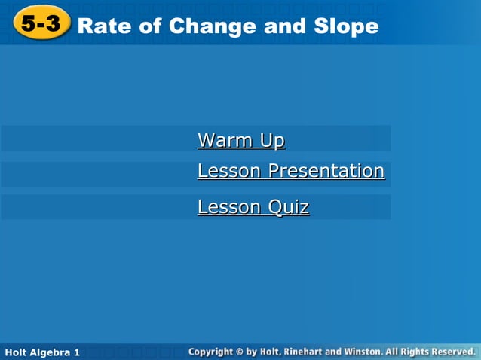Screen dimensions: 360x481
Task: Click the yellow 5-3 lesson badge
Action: click(x=41, y=24)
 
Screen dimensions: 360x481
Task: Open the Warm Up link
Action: click(x=240, y=140)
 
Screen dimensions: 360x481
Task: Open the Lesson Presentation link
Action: click(x=290, y=171)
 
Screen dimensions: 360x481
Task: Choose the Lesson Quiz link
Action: click(x=253, y=207)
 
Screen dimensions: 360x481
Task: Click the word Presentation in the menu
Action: click(x=326, y=171)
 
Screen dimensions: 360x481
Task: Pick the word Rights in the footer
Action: click(x=413, y=352)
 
